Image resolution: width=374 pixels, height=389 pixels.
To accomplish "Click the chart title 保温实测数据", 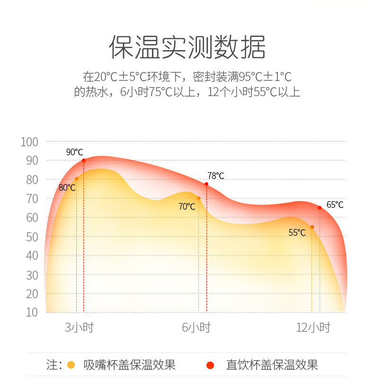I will (x=187, y=47).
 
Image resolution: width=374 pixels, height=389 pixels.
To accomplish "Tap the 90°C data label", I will (x=74, y=152).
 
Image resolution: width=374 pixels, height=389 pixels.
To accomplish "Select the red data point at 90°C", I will (x=84, y=160).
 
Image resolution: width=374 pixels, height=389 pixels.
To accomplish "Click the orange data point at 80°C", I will (x=77, y=179).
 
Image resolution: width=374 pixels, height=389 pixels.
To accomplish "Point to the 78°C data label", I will (x=215, y=176).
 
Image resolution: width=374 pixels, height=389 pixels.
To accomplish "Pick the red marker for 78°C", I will (x=206, y=184).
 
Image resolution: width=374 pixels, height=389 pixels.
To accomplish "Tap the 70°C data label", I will (x=187, y=206).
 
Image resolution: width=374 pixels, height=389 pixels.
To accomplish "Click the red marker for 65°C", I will (x=320, y=208).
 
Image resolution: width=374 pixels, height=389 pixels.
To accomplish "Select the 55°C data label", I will (x=297, y=232).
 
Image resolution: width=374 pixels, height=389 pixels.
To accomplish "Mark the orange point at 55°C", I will (x=312, y=227).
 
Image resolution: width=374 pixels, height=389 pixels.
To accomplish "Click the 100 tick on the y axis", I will (x=29, y=141).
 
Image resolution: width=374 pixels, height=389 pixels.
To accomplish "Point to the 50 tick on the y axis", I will (x=32, y=237).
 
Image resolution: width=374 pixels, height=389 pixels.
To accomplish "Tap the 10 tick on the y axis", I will (x=32, y=312).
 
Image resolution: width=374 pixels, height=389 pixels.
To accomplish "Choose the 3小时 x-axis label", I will (x=79, y=327).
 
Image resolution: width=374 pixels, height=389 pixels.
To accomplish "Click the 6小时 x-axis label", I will (x=196, y=327).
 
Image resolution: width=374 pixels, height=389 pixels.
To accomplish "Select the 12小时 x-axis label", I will (x=313, y=327).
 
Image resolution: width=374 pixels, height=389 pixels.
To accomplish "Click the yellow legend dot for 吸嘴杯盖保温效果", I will (x=71, y=365).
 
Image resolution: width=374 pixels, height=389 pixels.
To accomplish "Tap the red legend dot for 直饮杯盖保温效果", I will (x=211, y=365).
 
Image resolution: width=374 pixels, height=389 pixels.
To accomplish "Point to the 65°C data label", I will (x=335, y=205).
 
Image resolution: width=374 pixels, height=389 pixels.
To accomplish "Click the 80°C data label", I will (x=67, y=187).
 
